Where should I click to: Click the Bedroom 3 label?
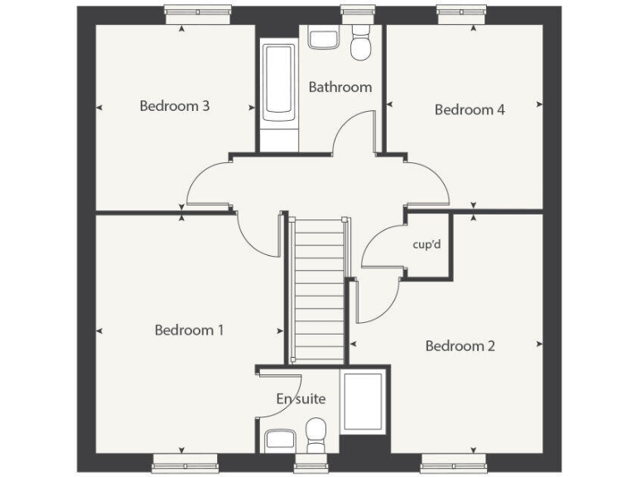[174, 106]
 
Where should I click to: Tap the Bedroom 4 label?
[470, 109]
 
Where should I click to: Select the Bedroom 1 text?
[189, 330]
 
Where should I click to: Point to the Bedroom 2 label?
[460, 345]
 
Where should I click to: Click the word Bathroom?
[340, 87]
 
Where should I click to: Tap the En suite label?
[301, 399]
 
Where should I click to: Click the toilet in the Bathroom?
[361, 44]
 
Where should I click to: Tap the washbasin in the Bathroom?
[322, 37]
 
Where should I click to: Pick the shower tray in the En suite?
[364, 402]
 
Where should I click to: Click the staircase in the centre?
[319, 290]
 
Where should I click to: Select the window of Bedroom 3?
[197, 12]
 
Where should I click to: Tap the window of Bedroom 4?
[462, 12]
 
